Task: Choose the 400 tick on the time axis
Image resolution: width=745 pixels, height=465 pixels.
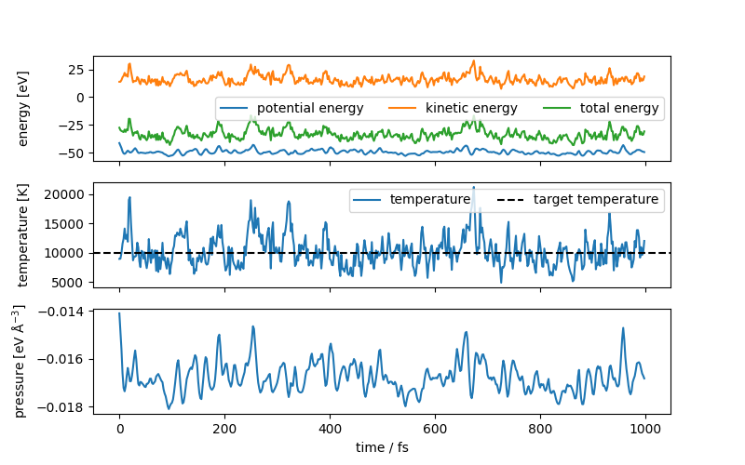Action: coord(330,429)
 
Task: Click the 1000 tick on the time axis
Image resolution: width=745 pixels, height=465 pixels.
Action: coord(645,429)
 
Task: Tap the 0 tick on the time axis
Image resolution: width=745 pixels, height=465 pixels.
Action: coord(119,429)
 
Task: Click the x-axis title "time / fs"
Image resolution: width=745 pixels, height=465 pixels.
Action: coord(382,447)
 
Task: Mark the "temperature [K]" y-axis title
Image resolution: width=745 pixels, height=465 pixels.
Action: coord(24,236)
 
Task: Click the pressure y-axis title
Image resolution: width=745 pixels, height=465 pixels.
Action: coord(20,361)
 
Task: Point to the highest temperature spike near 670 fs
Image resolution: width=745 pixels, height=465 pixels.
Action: coord(473,187)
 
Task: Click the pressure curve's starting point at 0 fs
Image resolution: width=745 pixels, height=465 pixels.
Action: coord(119,313)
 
